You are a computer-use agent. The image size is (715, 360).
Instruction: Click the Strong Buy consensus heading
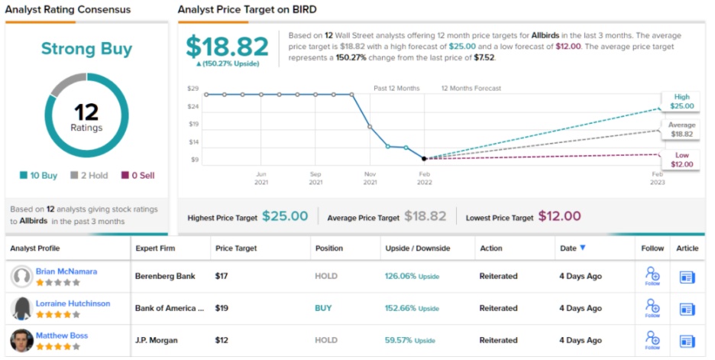click(x=86, y=49)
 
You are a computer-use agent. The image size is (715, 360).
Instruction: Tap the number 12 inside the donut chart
click(x=86, y=112)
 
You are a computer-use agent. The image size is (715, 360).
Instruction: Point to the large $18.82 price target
click(x=228, y=47)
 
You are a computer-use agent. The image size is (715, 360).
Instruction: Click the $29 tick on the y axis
click(x=192, y=89)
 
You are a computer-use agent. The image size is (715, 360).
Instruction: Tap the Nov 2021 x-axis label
click(x=370, y=178)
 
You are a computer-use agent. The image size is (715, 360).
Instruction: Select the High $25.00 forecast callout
click(x=682, y=101)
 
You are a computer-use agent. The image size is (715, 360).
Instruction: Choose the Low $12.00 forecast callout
click(x=682, y=160)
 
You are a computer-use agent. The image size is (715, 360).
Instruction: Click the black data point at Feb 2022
click(x=424, y=159)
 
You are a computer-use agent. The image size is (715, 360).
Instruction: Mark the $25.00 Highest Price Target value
click(x=285, y=216)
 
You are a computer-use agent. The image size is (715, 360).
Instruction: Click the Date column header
click(x=573, y=248)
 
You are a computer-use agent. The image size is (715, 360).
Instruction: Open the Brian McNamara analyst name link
click(x=66, y=271)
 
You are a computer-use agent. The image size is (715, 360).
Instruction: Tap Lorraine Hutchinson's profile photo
click(x=22, y=308)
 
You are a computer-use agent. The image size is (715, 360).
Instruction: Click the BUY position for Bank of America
click(x=324, y=308)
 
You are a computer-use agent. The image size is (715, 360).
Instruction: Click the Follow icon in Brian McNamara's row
click(x=652, y=276)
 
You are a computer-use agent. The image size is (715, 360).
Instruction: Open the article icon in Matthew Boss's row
click(x=687, y=340)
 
